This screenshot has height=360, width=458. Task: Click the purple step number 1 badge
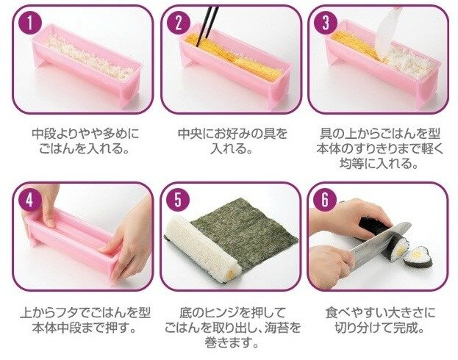(x=30, y=23)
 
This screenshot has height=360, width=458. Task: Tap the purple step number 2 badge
(x=179, y=23)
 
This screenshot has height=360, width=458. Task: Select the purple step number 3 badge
(x=326, y=23)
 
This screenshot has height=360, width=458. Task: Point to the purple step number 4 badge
(x=30, y=201)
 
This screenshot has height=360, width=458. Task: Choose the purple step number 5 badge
(x=178, y=201)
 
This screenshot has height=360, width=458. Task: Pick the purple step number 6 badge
(x=325, y=201)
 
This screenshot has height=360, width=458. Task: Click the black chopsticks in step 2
(x=207, y=26)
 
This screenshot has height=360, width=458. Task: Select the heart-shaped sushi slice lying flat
(x=418, y=258)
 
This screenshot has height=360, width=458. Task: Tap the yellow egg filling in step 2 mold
(x=234, y=57)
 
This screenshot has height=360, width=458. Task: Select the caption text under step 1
(x=85, y=141)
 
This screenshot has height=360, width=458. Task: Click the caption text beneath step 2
(x=232, y=141)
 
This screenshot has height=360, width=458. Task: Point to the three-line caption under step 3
(x=380, y=148)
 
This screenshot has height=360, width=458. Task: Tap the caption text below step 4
(x=85, y=320)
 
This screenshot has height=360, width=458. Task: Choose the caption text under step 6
(x=380, y=320)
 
